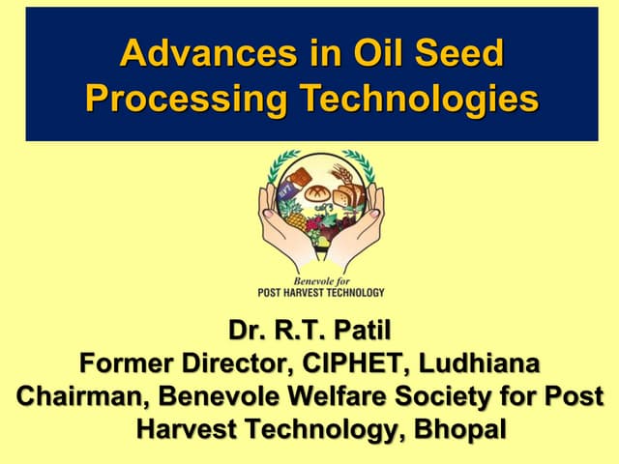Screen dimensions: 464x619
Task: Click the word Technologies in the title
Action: click(422, 99)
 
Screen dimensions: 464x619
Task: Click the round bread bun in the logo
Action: click(318, 192)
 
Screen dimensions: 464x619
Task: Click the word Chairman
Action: click(81, 396)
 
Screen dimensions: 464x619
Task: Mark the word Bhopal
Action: click(460, 428)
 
